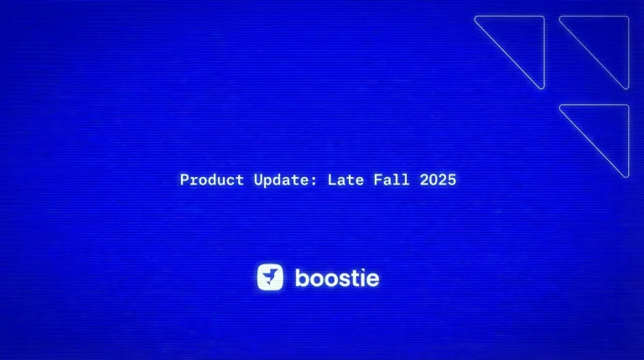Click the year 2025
coord(439,180)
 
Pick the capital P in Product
coord(184,180)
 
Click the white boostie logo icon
coord(270,277)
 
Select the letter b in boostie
coord(301,277)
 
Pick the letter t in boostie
coord(354,277)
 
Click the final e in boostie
coord(371,279)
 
